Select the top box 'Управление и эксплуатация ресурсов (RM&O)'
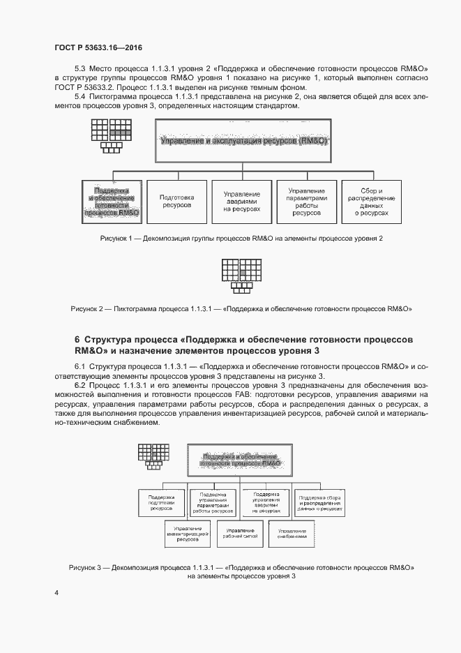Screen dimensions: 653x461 tap(243, 141)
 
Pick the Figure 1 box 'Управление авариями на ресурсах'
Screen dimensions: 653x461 tap(241, 201)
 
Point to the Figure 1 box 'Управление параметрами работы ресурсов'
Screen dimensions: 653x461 tap(306, 201)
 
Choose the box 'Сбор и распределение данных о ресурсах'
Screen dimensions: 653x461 tap(371, 201)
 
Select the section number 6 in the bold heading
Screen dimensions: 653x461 tap(77, 340)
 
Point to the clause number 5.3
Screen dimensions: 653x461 tap(80, 68)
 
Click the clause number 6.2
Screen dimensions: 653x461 tap(80, 384)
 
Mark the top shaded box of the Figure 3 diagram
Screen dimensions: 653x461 tap(241, 458)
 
